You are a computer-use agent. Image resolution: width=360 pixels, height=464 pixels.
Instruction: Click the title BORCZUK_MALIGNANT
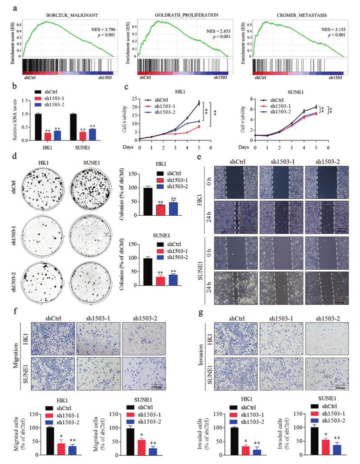tap(72, 15)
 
